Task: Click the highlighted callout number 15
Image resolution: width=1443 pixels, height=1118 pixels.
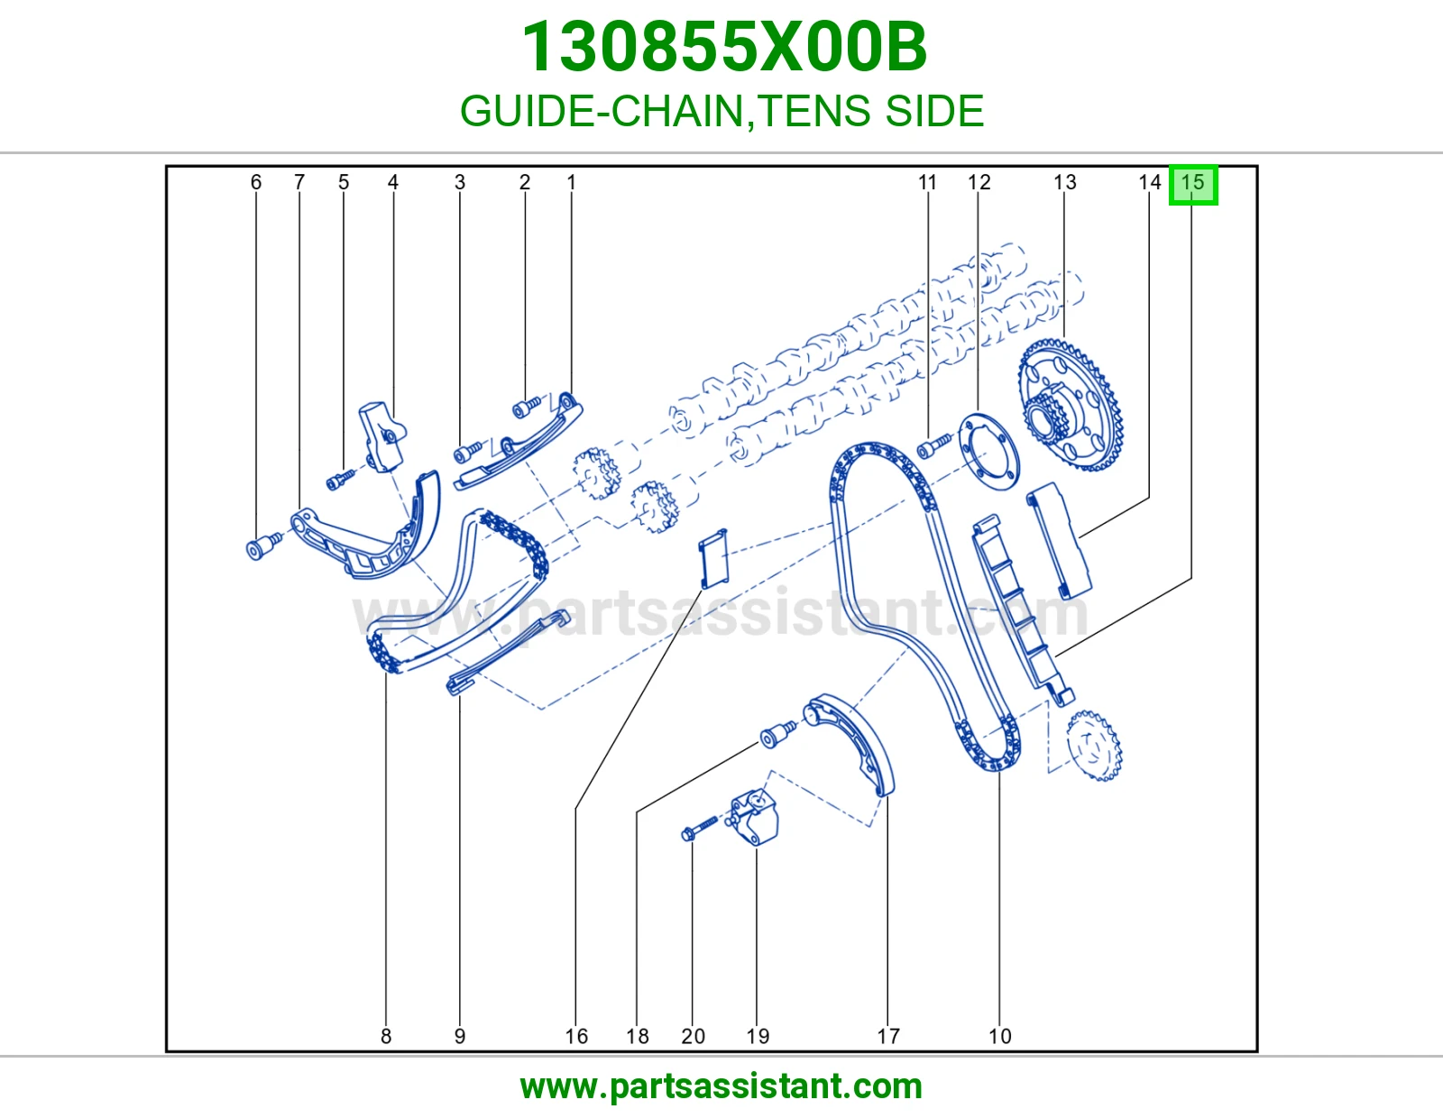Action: (1192, 182)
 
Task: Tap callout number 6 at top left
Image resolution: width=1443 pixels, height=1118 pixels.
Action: (256, 182)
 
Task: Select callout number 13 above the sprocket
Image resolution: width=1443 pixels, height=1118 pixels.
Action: (1064, 182)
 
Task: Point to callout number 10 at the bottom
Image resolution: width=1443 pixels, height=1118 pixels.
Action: (999, 1036)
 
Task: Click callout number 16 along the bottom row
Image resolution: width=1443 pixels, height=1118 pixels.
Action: (576, 1036)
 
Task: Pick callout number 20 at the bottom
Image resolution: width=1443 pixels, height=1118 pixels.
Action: (693, 1036)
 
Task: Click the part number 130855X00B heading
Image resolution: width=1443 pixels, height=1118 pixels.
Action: (724, 47)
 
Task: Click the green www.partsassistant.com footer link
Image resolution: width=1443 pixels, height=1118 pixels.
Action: (721, 1086)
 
